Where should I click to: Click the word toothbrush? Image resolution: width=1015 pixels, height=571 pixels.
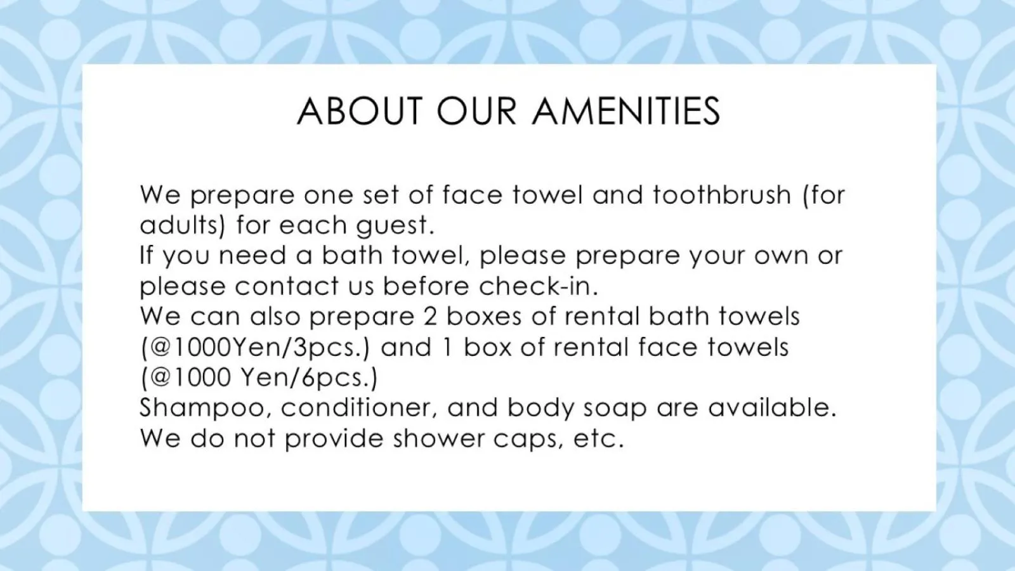tap(722, 194)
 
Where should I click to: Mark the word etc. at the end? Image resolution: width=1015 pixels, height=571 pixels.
tap(599, 438)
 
